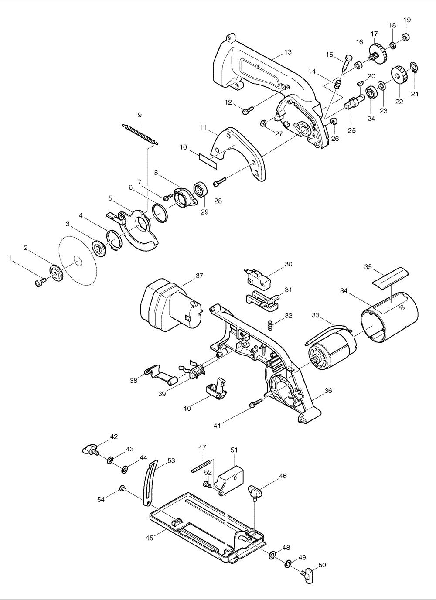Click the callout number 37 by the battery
[199, 276]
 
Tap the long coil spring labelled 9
[140, 134]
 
